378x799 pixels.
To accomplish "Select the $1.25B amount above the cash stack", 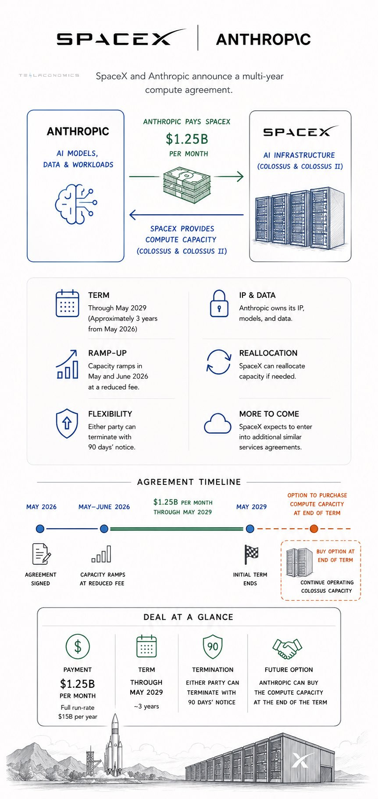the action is click(187, 139).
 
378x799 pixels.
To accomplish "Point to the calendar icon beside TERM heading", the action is click(68, 303).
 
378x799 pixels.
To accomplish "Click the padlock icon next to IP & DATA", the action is click(219, 304).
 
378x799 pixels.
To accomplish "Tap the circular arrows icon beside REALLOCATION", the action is click(219, 362).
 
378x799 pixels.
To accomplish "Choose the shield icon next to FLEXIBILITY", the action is click(67, 424).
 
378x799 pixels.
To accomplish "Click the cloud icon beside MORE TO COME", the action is click(218, 423).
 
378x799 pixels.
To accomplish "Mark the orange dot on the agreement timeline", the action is click(314, 529).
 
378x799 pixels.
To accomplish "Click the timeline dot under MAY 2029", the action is click(250, 529).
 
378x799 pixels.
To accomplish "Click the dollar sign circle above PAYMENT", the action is click(78, 646).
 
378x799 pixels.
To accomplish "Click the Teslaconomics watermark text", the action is click(49, 75).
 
